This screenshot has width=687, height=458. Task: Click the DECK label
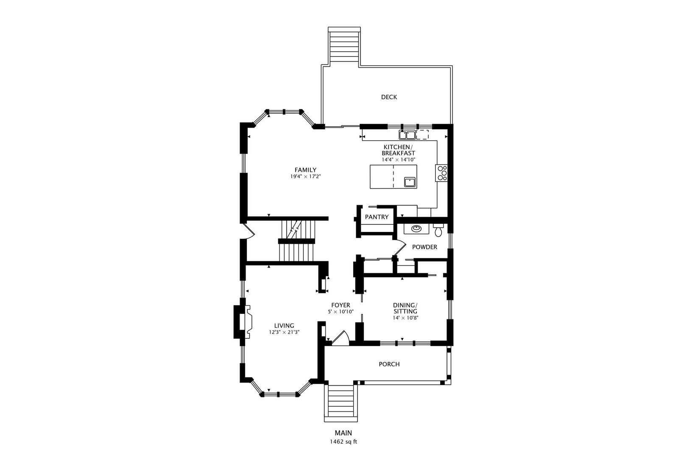pos(389,97)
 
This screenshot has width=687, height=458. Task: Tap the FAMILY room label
pos(305,170)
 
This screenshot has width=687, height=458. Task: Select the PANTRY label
pos(377,217)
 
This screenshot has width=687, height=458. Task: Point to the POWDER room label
pos(424,247)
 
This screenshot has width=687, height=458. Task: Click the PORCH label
pos(389,364)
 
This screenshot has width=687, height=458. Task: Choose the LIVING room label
pos(284,326)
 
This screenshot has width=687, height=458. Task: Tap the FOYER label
pos(341,305)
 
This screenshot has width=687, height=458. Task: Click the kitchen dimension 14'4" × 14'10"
pos(398,160)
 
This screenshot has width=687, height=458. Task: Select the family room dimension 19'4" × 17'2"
pos(305,177)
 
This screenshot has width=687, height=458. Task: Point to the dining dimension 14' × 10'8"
pos(405,318)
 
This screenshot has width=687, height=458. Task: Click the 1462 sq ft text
pos(343,442)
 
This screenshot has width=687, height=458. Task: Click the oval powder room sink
pos(416,228)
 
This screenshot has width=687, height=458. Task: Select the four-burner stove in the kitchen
pos(441,173)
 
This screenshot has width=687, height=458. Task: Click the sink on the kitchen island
pos(410,182)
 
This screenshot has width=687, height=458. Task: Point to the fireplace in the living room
pos(243,322)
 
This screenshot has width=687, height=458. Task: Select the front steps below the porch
pos(341,403)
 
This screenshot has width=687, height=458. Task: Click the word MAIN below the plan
pos(343,433)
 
